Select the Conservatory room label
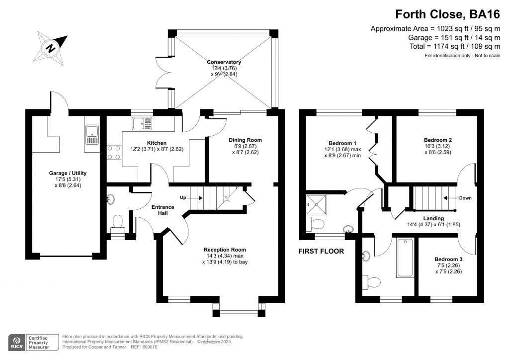(x=224, y=62)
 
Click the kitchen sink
(x=142, y=122)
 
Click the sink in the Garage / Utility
(x=92, y=132)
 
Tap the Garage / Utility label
(x=68, y=173)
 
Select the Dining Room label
(x=245, y=140)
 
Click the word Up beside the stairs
(x=183, y=197)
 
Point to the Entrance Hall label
(x=163, y=210)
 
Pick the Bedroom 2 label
(x=437, y=140)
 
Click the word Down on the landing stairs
(x=465, y=198)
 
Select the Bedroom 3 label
(x=448, y=260)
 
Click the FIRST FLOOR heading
(x=321, y=252)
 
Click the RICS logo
(x=18, y=342)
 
